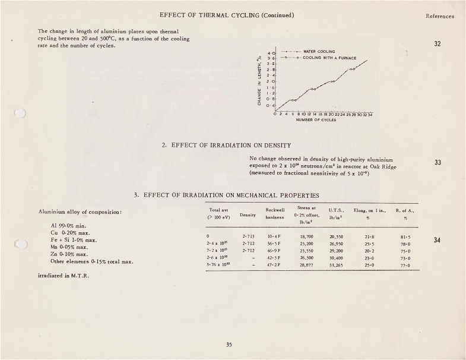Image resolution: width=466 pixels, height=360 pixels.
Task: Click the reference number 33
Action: [439, 162]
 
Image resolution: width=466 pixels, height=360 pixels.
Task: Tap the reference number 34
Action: [439, 241]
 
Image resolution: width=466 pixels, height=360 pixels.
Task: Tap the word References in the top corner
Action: [439, 16]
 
